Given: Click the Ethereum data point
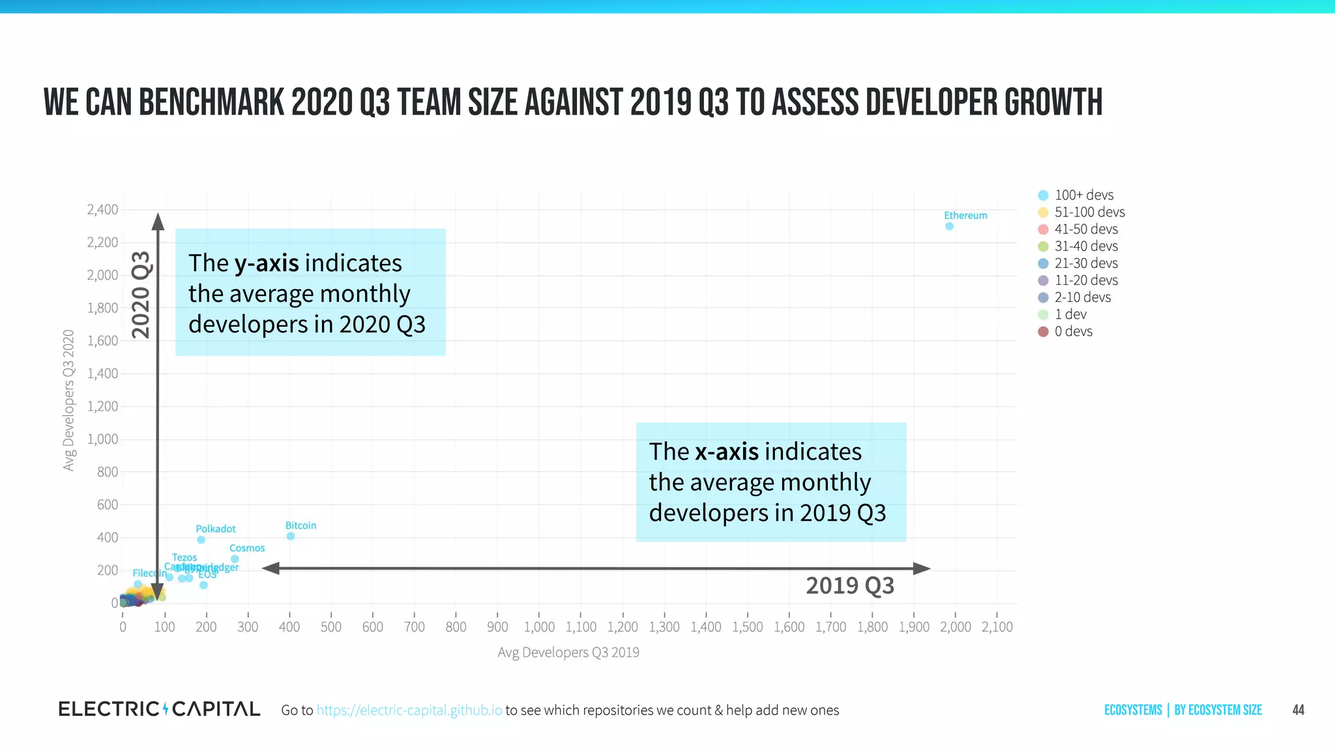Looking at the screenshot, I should pyautogui.click(x=949, y=226).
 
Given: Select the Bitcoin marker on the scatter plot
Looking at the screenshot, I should pyautogui.click(x=291, y=536).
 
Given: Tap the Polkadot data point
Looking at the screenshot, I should pyautogui.click(x=201, y=540).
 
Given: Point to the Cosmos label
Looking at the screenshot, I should pyautogui.click(x=247, y=548).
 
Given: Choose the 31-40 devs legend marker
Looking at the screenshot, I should pyautogui.click(x=1043, y=246).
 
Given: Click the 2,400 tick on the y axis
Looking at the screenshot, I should pyautogui.click(x=102, y=210).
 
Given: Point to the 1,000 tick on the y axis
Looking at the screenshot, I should pyautogui.click(x=102, y=439).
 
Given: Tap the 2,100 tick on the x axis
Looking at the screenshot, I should pyautogui.click(x=997, y=627).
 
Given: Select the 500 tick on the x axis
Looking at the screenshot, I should pyautogui.click(x=331, y=627).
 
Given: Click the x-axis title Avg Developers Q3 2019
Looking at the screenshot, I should pyautogui.click(x=568, y=653).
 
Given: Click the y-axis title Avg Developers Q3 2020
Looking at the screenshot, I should pyautogui.click(x=68, y=400).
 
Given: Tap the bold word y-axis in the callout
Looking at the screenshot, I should pyautogui.click(x=267, y=263).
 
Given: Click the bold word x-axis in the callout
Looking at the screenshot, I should pyautogui.click(x=726, y=452).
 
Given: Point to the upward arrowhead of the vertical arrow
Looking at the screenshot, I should pyautogui.click(x=158, y=222).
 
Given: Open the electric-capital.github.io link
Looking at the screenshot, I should pyautogui.click(x=409, y=710).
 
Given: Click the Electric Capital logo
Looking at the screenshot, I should pyautogui.click(x=159, y=709).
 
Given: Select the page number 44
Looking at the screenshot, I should pyautogui.click(x=1298, y=710).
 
